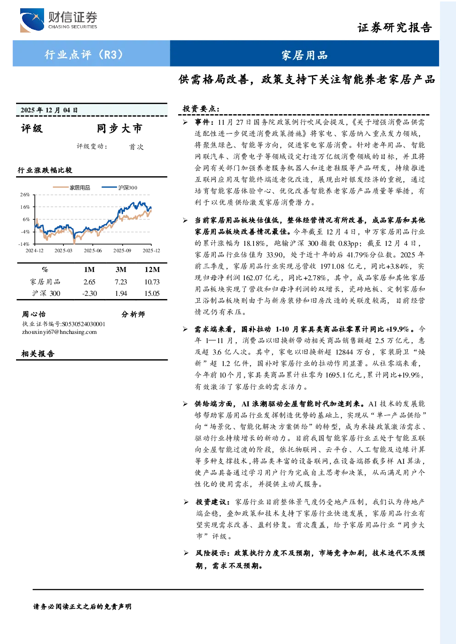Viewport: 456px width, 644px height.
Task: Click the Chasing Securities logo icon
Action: (x=32, y=20)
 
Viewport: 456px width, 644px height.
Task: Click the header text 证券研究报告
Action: (x=394, y=28)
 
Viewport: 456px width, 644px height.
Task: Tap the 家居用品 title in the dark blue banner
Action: (x=304, y=55)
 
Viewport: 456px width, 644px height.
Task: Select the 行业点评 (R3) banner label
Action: (x=84, y=55)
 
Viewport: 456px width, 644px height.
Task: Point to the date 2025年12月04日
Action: (x=49, y=110)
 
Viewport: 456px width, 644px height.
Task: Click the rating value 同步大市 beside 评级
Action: (x=119, y=128)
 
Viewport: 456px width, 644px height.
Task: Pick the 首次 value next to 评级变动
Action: (x=136, y=147)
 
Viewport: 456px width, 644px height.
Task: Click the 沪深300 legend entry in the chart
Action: (x=119, y=188)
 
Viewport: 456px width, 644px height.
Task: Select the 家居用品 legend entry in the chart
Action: (x=71, y=188)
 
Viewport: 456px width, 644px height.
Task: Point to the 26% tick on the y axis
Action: (x=25, y=194)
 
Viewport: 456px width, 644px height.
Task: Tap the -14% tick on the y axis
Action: (x=24, y=244)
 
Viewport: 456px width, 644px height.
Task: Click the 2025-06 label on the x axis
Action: (x=93, y=250)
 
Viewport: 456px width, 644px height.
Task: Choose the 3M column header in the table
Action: (x=121, y=269)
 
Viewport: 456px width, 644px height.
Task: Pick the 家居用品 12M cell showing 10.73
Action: (x=152, y=282)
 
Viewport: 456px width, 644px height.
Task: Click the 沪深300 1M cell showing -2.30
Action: (x=90, y=293)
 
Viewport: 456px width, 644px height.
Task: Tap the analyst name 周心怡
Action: (x=34, y=314)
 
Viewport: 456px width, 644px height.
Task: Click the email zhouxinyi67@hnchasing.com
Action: (x=59, y=332)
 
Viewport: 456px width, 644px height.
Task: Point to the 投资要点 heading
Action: (x=201, y=109)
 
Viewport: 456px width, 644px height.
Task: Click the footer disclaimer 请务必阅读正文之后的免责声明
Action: (x=82, y=606)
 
